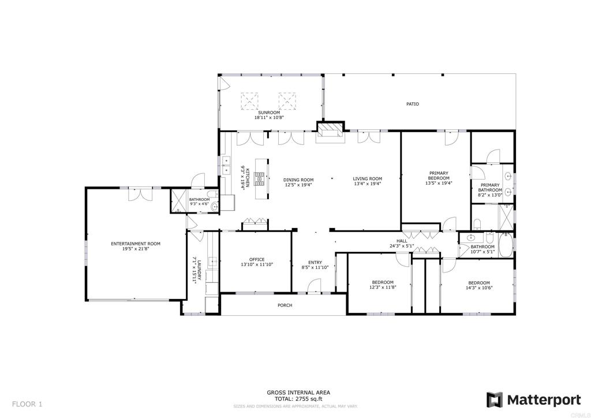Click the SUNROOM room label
[269, 113]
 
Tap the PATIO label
[412, 104]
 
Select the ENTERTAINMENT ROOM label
[136, 244]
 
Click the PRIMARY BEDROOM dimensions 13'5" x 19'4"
[439, 183]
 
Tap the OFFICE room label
[257, 259]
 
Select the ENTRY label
[315, 262]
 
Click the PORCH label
[285, 305]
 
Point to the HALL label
[402, 241]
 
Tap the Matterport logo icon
[494, 400]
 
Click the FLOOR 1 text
[27, 404]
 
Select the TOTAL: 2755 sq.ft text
[298, 399]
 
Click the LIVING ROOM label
[368, 179]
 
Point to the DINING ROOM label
[298, 180]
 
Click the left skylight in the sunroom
[249, 100]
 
